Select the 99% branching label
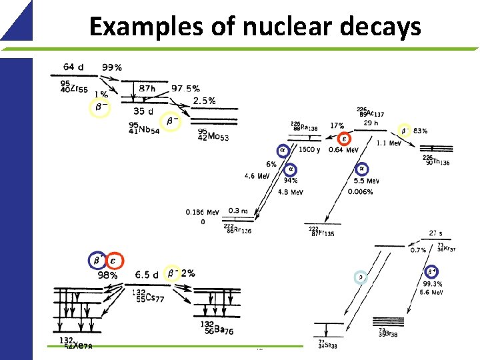tap(112, 67)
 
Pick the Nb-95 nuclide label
tap(143, 129)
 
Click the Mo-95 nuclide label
tap(214, 135)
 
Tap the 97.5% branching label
tap(185, 89)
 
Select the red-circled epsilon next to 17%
tap(343, 139)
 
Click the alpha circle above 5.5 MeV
tap(362, 169)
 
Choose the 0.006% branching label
tap(361, 192)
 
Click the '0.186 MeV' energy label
tap(203, 213)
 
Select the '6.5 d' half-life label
tap(147, 275)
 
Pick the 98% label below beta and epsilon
tap(107, 275)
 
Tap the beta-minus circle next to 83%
tap(404, 131)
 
